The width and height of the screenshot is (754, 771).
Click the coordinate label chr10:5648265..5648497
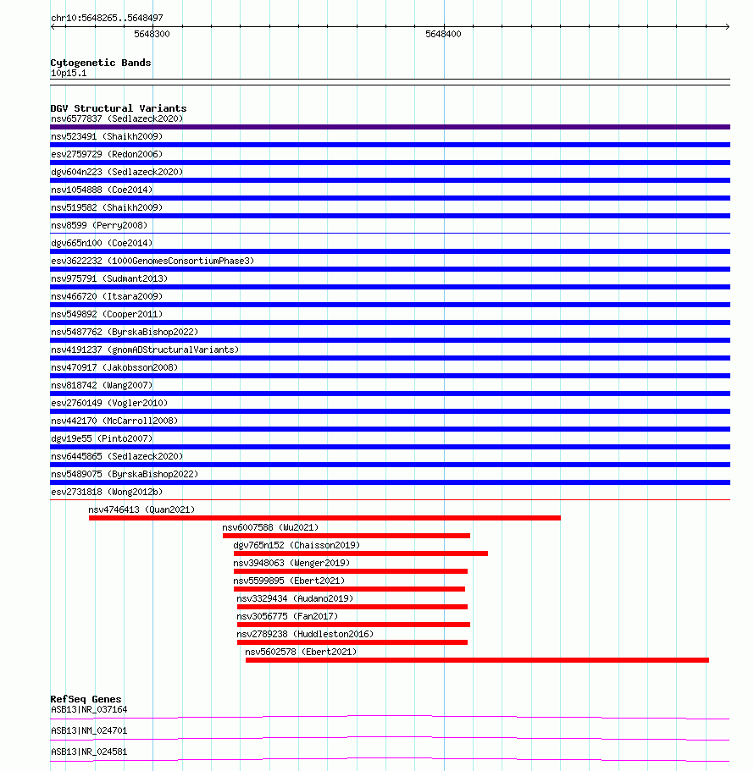pos(107,18)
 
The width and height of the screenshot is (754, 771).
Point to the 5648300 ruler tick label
pos(152,35)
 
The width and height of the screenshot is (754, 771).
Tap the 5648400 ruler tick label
pos(443,35)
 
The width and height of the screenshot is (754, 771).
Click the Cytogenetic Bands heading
pos(101,63)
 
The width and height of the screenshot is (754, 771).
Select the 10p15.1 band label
pos(69,73)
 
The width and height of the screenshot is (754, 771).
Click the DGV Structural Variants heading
pos(119,108)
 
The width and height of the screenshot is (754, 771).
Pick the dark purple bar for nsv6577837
pos(390,127)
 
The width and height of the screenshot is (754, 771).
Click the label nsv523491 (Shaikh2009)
pos(107,136)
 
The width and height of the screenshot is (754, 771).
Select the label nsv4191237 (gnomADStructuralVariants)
pos(145,350)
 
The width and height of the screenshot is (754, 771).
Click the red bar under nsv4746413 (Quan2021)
pos(324,518)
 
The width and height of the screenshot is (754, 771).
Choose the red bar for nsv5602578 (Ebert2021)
pos(477,660)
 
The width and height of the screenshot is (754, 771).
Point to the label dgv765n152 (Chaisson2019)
pos(297,545)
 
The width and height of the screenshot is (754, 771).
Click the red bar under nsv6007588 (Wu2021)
pos(346,536)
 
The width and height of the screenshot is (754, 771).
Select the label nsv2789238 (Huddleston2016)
pos(305,634)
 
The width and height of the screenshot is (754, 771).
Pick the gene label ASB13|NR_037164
pos(89,709)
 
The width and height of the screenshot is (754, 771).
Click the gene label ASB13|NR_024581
pos(89,752)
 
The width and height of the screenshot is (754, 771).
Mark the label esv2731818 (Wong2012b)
pos(107,492)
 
